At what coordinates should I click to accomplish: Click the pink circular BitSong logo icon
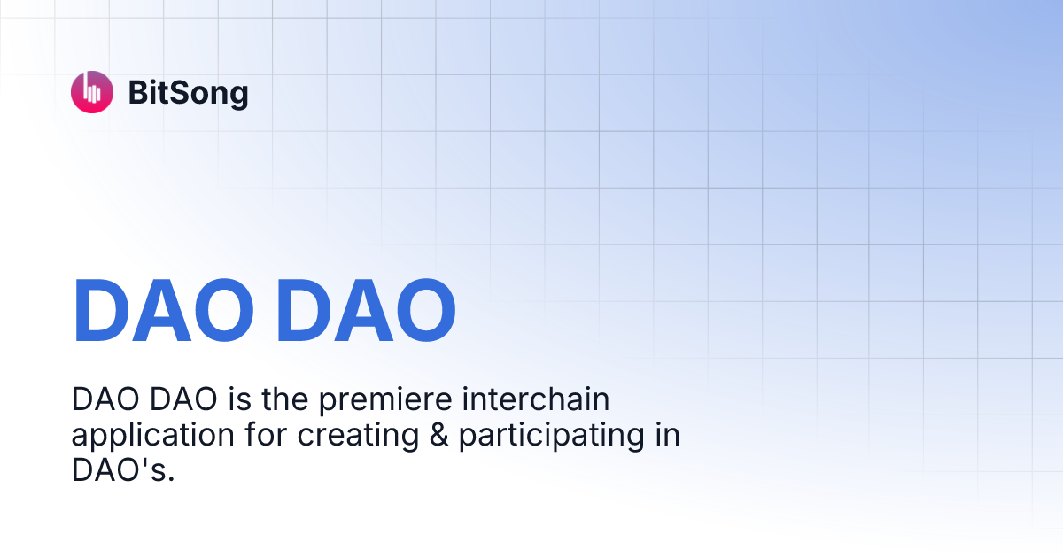point(92,92)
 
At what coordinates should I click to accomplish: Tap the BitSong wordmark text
point(188,92)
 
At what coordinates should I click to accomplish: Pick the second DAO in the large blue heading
point(366,311)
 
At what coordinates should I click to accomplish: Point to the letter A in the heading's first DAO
point(165,311)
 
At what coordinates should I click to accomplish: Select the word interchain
point(537,401)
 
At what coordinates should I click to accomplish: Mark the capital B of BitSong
point(137,92)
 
